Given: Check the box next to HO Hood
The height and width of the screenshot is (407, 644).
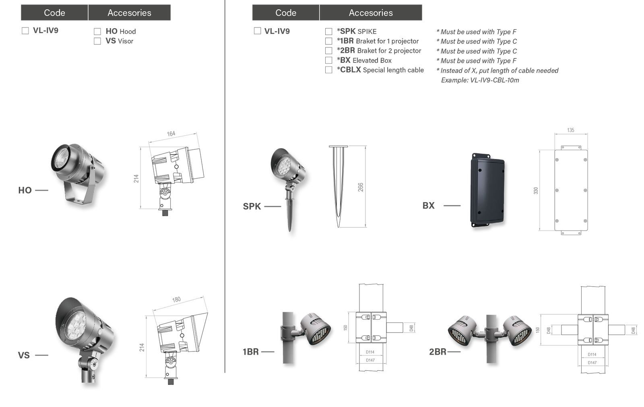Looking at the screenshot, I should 97,31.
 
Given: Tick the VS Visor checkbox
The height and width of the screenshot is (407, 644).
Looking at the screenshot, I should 97,41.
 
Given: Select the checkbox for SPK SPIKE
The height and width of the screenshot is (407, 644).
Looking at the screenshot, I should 328,31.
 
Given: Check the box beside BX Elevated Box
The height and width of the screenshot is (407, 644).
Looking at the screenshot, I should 328,60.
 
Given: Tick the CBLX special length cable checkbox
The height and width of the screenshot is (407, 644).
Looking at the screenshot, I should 328,70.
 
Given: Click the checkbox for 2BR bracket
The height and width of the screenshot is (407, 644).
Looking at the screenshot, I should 328,51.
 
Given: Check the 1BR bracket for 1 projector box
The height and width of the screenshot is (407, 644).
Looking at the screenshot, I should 328,41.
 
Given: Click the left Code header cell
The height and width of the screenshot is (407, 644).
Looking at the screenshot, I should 54,13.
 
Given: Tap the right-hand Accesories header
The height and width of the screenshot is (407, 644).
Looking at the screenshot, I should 371,13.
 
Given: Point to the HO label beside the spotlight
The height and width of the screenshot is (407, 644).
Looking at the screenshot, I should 25,190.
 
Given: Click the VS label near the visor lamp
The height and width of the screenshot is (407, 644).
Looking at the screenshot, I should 24,355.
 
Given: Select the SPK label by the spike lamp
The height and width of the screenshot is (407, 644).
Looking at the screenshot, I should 252,207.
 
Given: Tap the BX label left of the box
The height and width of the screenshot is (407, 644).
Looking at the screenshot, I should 429,206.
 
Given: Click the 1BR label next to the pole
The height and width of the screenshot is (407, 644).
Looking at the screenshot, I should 250,352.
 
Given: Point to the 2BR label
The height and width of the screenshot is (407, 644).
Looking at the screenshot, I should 438,352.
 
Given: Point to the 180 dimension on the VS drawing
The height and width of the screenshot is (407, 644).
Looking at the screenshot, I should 176,300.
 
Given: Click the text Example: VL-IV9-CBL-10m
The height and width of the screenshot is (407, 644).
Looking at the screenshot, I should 480,80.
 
